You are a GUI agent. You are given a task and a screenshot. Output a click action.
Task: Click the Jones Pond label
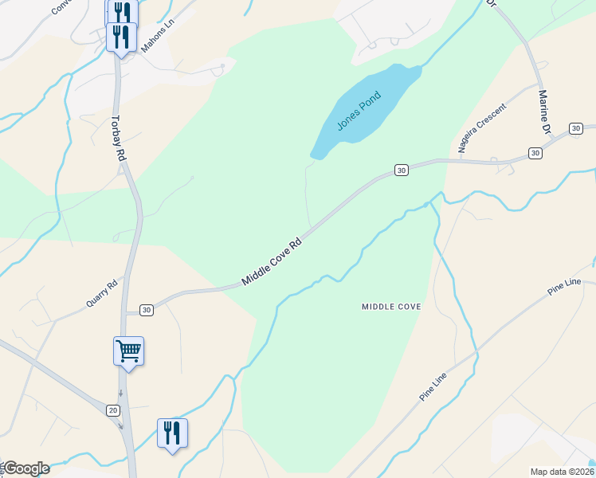[x=359, y=111]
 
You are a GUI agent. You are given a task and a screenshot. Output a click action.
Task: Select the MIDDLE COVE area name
[x=390, y=306]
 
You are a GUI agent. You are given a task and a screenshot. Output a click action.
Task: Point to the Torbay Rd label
[x=118, y=136]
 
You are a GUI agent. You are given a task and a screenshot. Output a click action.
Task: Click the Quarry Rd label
[x=101, y=292]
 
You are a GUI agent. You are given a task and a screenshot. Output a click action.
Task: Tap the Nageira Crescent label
[x=481, y=127]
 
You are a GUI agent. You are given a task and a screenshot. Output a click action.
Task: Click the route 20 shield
[x=112, y=409]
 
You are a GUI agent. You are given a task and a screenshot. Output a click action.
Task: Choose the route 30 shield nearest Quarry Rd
[x=146, y=309]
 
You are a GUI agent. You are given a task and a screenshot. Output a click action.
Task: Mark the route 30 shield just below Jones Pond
[x=401, y=170]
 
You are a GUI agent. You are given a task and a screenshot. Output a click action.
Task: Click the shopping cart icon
[x=128, y=351]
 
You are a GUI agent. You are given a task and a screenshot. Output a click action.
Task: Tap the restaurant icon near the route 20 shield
[x=172, y=433]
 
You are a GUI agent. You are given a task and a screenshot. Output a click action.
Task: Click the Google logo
[x=25, y=468]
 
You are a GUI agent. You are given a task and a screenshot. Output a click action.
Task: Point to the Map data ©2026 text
[x=561, y=472]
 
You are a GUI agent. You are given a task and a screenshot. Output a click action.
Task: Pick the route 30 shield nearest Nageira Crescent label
[x=535, y=152]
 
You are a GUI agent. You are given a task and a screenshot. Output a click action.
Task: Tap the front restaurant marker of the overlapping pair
[x=121, y=37]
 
